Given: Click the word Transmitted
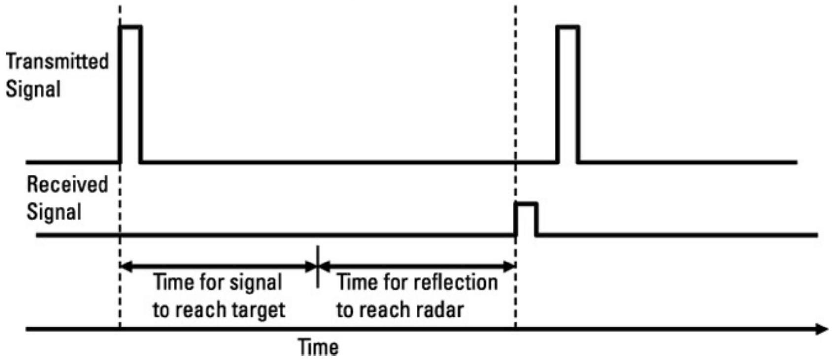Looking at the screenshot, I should (57, 62).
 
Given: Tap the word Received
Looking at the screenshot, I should (67, 184).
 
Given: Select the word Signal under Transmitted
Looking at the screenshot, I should (33, 90).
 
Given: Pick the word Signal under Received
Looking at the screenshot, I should (54, 212).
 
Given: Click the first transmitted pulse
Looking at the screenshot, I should (131, 94).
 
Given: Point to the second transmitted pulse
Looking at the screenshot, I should (568, 94).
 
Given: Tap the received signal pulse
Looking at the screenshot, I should (526, 219).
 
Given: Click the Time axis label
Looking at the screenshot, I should (319, 347).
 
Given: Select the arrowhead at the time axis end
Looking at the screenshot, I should (823, 329).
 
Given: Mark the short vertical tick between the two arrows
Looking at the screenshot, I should (318, 266).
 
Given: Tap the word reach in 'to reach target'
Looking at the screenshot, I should (203, 310).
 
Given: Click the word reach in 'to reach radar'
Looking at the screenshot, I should (387, 310).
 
